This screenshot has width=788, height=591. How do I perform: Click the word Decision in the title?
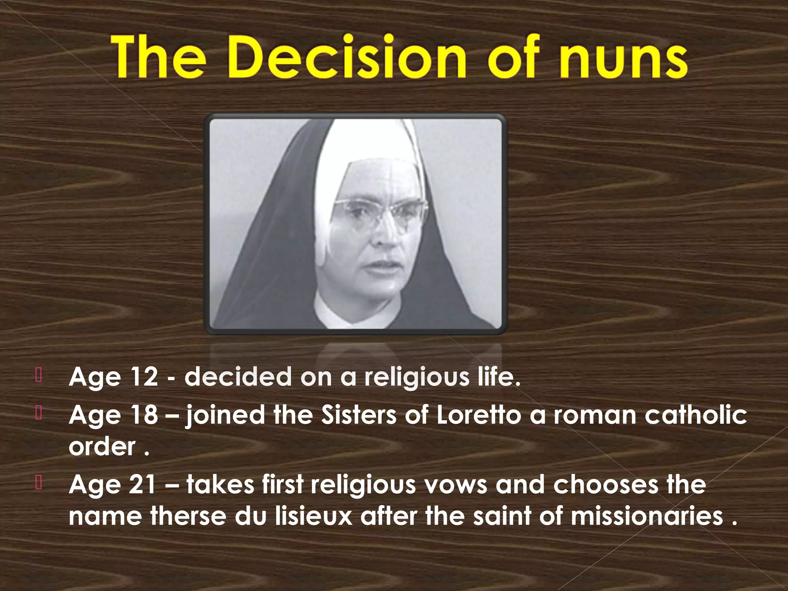pyautogui.click(x=346, y=58)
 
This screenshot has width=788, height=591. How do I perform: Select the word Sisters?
pyautogui.click(x=358, y=415)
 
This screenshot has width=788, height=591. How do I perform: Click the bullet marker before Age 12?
pyautogui.click(x=38, y=376)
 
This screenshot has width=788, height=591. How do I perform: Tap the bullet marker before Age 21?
pyautogui.click(x=38, y=483)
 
